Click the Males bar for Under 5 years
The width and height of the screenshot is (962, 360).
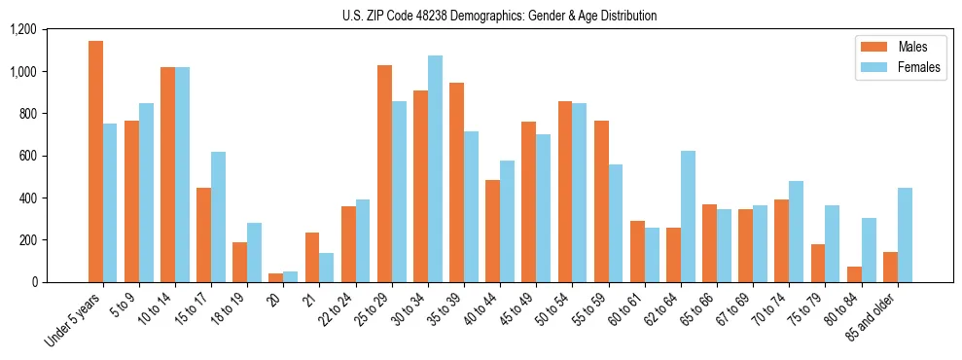[95, 162]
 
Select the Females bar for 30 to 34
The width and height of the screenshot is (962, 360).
[435, 168]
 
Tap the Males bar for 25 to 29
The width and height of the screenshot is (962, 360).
[384, 173]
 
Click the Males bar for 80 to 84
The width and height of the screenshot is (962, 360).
[854, 274]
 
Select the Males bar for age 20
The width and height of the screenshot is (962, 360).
[276, 277]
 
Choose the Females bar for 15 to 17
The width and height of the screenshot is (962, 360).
[218, 217]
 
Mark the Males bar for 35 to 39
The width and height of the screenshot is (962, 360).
[456, 182]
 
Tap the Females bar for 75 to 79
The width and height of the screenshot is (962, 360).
[832, 243]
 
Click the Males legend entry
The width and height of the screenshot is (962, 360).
[890, 47]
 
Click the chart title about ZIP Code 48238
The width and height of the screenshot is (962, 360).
[500, 16]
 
